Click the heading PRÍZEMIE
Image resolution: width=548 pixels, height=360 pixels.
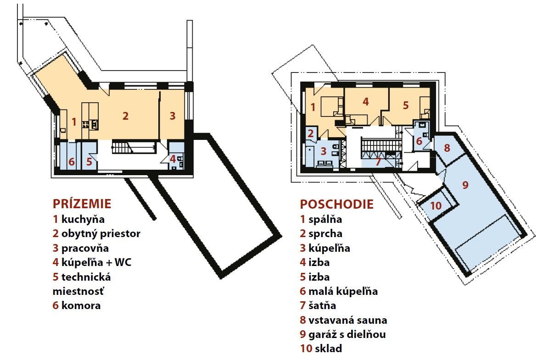[x=82, y=203]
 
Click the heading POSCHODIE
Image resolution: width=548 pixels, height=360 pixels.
[x=336, y=204]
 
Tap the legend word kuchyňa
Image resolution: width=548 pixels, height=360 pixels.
[x=83, y=219]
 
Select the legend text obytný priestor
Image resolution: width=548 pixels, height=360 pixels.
[x=101, y=233]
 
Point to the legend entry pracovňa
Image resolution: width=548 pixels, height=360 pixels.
[x=85, y=248]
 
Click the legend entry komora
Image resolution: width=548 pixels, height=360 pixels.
[x=81, y=305]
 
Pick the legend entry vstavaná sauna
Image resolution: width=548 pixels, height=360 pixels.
[x=347, y=320]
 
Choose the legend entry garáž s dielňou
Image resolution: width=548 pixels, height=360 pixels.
[x=347, y=334]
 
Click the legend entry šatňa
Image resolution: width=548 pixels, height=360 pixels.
[x=322, y=305]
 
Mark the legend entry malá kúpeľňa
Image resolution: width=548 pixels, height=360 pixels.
[x=343, y=291]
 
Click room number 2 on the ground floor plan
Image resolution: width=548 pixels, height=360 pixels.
[x=125, y=116]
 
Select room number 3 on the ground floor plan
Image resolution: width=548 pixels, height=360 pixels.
[x=172, y=116]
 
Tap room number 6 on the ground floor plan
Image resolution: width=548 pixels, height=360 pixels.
[x=72, y=162]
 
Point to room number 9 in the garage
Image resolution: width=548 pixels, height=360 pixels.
[x=465, y=185]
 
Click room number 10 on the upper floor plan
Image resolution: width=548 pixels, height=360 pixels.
[x=436, y=205]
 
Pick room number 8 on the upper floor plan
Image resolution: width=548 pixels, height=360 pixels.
[x=447, y=148]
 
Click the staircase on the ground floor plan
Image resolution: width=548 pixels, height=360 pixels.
[x=134, y=147]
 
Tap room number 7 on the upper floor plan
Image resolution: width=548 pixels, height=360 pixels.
[x=378, y=162]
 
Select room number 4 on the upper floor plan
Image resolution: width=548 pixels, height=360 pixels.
[x=366, y=102]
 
